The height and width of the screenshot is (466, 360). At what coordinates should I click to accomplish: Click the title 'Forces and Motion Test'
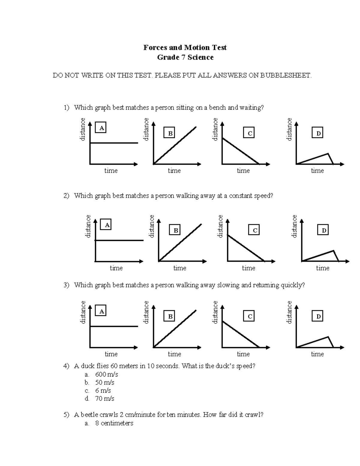pos(185,47)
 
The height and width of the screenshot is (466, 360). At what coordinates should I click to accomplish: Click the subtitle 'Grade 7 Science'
pos(185,57)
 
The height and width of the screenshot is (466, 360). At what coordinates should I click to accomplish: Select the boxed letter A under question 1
pos(101,128)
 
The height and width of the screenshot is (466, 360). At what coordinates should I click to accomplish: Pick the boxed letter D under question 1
pos(318,133)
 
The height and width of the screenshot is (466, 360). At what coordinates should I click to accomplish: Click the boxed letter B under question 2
pos(175,230)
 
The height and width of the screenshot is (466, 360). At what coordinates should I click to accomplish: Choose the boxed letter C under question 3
pos(250,317)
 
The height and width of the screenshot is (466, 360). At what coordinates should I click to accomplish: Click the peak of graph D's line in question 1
pos(328,154)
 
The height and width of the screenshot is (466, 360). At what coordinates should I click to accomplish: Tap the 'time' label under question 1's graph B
pos(174,171)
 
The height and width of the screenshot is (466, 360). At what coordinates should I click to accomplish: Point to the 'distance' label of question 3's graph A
pos(83,312)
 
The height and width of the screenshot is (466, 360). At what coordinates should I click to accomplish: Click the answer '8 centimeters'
pos(114,423)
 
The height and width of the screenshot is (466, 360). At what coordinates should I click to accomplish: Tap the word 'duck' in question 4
pos(89,366)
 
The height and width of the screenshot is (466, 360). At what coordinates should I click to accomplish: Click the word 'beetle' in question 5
pos(90,415)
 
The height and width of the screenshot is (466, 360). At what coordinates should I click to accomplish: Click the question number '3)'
pos(66,285)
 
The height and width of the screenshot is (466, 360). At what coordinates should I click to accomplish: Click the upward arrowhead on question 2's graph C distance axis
pos(228,221)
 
